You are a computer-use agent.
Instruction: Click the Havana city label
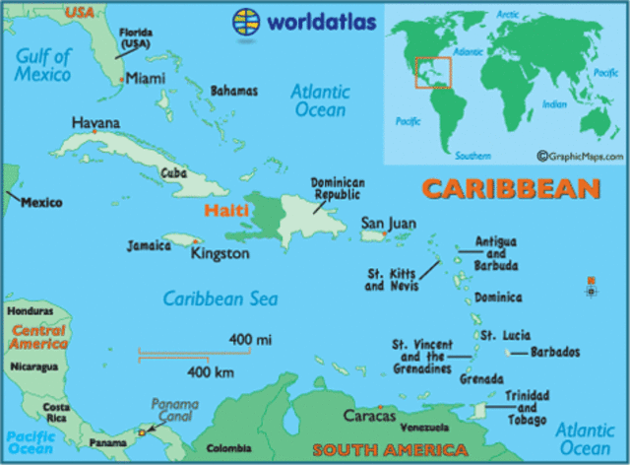click(x=96, y=123)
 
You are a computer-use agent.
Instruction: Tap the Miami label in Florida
click(x=144, y=78)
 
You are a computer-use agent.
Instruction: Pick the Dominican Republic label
click(x=338, y=188)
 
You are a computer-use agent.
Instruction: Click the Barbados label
click(x=556, y=352)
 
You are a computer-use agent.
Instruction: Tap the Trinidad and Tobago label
click(x=527, y=408)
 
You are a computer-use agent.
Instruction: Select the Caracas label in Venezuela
click(x=369, y=416)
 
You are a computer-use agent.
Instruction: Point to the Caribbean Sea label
click(x=220, y=299)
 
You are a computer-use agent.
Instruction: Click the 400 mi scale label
click(x=250, y=339)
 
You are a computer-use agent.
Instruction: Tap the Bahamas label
click(x=234, y=91)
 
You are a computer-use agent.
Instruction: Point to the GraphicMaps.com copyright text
click(x=581, y=156)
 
